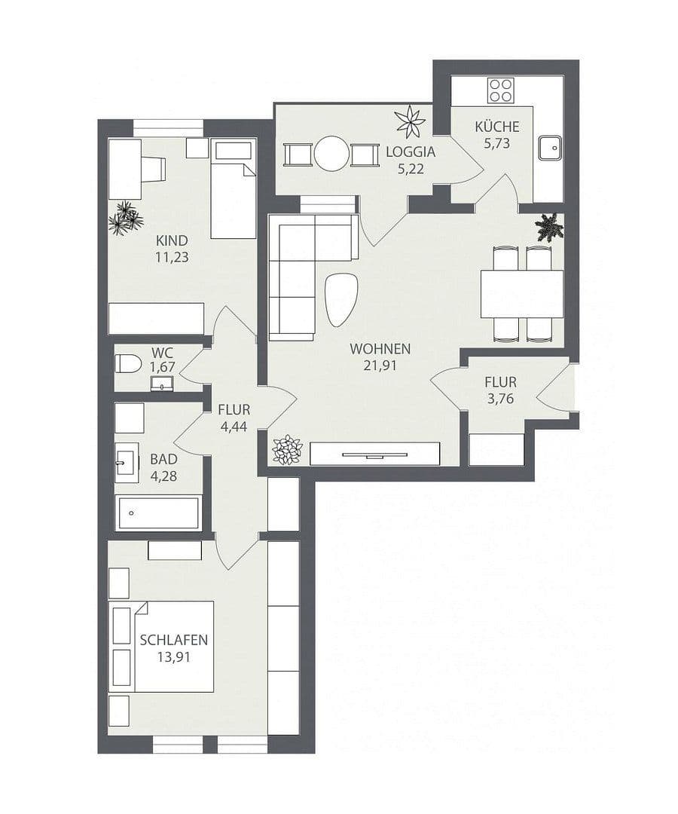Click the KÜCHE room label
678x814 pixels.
pyautogui.click(x=496, y=127)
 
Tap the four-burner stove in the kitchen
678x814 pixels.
pyautogui.click(x=500, y=90)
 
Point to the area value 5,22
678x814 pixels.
pyautogui.click(x=411, y=168)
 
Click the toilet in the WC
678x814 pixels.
pyautogui.click(x=128, y=364)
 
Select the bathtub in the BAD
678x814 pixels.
pyautogui.click(x=158, y=513)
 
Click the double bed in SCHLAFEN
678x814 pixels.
pyautogui.click(x=161, y=646)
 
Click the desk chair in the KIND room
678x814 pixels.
pyautogui.click(x=154, y=169)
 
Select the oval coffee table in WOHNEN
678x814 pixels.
pyautogui.click(x=341, y=299)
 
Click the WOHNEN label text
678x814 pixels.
pyautogui.click(x=380, y=349)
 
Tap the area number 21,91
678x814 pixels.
pyautogui.click(x=380, y=366)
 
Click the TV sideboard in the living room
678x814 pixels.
pyautogui.click(x=374, y=454)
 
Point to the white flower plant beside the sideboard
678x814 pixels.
pyautogui.click(x=287, y=450)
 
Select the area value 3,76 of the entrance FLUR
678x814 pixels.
pyautogui.click(x=500, y=399)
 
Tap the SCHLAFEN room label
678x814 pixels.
pyautogui.click(x=173, y=640)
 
